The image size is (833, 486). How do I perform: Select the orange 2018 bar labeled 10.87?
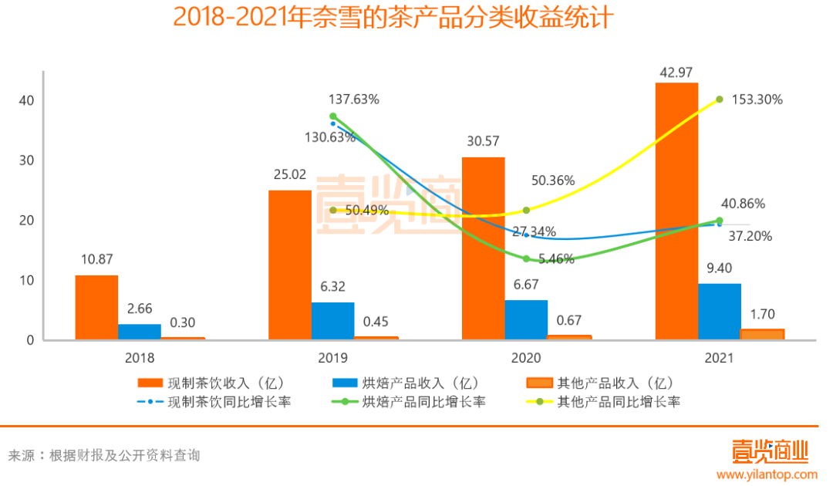point(96,307)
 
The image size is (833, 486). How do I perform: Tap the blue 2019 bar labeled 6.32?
point(333,320)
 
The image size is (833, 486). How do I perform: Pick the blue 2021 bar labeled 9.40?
point(720,311)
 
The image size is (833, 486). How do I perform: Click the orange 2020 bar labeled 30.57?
point(484,248)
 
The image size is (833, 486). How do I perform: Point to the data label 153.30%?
point(756,100)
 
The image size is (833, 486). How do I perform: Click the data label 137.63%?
point(353,100)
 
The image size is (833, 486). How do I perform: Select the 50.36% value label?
point(553,181)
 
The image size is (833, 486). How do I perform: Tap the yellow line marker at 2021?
point(720,99)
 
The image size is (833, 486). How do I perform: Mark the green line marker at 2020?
point(527,258)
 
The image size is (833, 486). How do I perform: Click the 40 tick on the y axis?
point(26,101)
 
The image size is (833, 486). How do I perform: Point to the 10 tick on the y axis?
point(26,280)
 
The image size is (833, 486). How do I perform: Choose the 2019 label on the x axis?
point(332,359)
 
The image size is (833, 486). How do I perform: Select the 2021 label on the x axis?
point(719,359)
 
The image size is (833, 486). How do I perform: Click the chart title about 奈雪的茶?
point(393,17)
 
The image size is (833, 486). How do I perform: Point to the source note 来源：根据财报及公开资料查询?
point(104,455)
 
